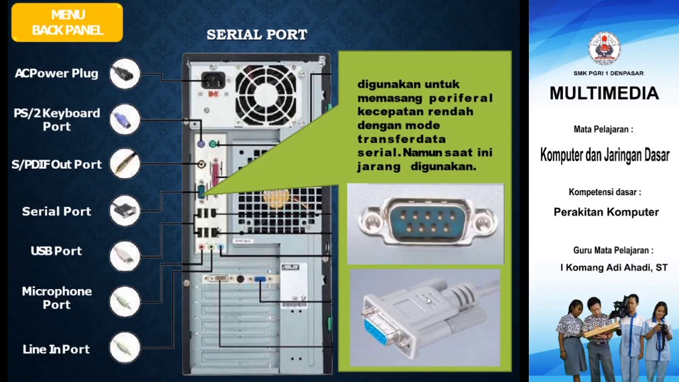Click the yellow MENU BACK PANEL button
(x=67, y=23)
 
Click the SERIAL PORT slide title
(x=257, y=35)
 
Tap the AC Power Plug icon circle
(x=125, y=74)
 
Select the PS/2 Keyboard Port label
(x=57, y=120)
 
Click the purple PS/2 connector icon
(x=125, y=119)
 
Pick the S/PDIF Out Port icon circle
(x=125, y=164)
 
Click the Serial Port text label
(x=57, y=211)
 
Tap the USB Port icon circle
(x=125, y=256)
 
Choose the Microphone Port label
(x=57, y=298)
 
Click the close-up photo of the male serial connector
(x=425, y=223)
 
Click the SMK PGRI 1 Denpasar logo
(x=604, y=49)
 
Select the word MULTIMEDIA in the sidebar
(x=604, y=94)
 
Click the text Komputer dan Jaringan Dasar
(x=604, y=155)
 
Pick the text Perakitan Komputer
(x=606, y=212)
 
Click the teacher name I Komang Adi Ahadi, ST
(x=614, y=267)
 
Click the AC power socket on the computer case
(x=213, y=81)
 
